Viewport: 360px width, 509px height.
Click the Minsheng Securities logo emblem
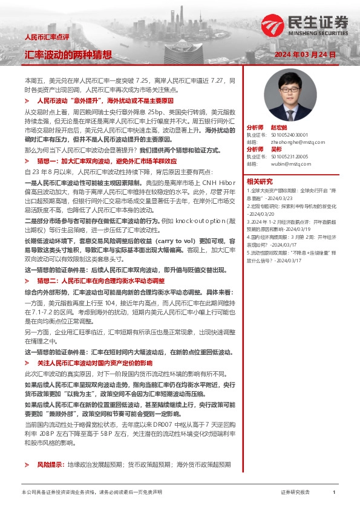tap(272, 24)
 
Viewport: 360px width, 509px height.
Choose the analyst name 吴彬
tap(276, 149)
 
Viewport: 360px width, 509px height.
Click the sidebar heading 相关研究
tap(260, 181)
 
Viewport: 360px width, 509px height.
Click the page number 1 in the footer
tap(334, 493)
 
